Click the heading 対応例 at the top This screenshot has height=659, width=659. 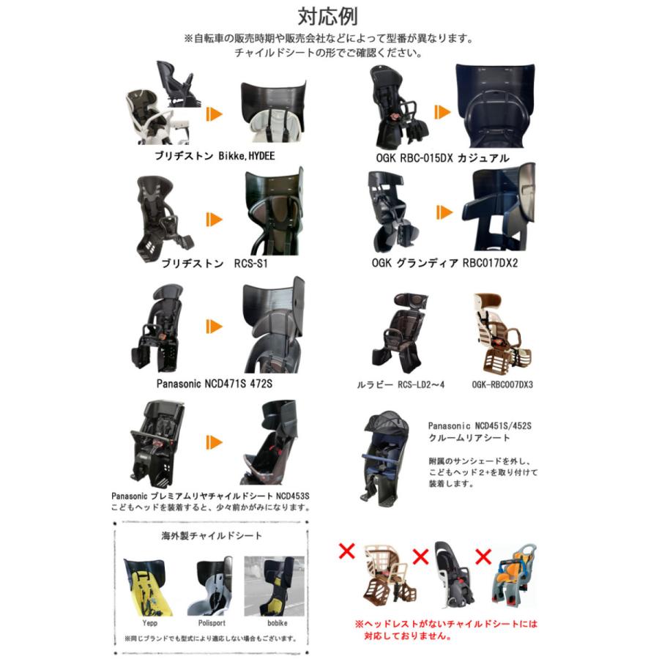tap(328, 15)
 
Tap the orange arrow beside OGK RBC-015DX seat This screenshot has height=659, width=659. tap(441, 111)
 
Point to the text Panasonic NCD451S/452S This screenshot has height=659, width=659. tap(480, 425)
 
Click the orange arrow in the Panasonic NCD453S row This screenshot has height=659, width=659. tap(213, 442)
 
